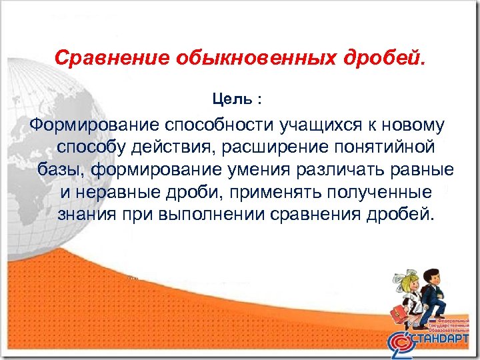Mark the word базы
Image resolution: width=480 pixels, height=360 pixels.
tap(59, 169)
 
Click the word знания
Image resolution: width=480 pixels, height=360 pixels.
tap(84, 215)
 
